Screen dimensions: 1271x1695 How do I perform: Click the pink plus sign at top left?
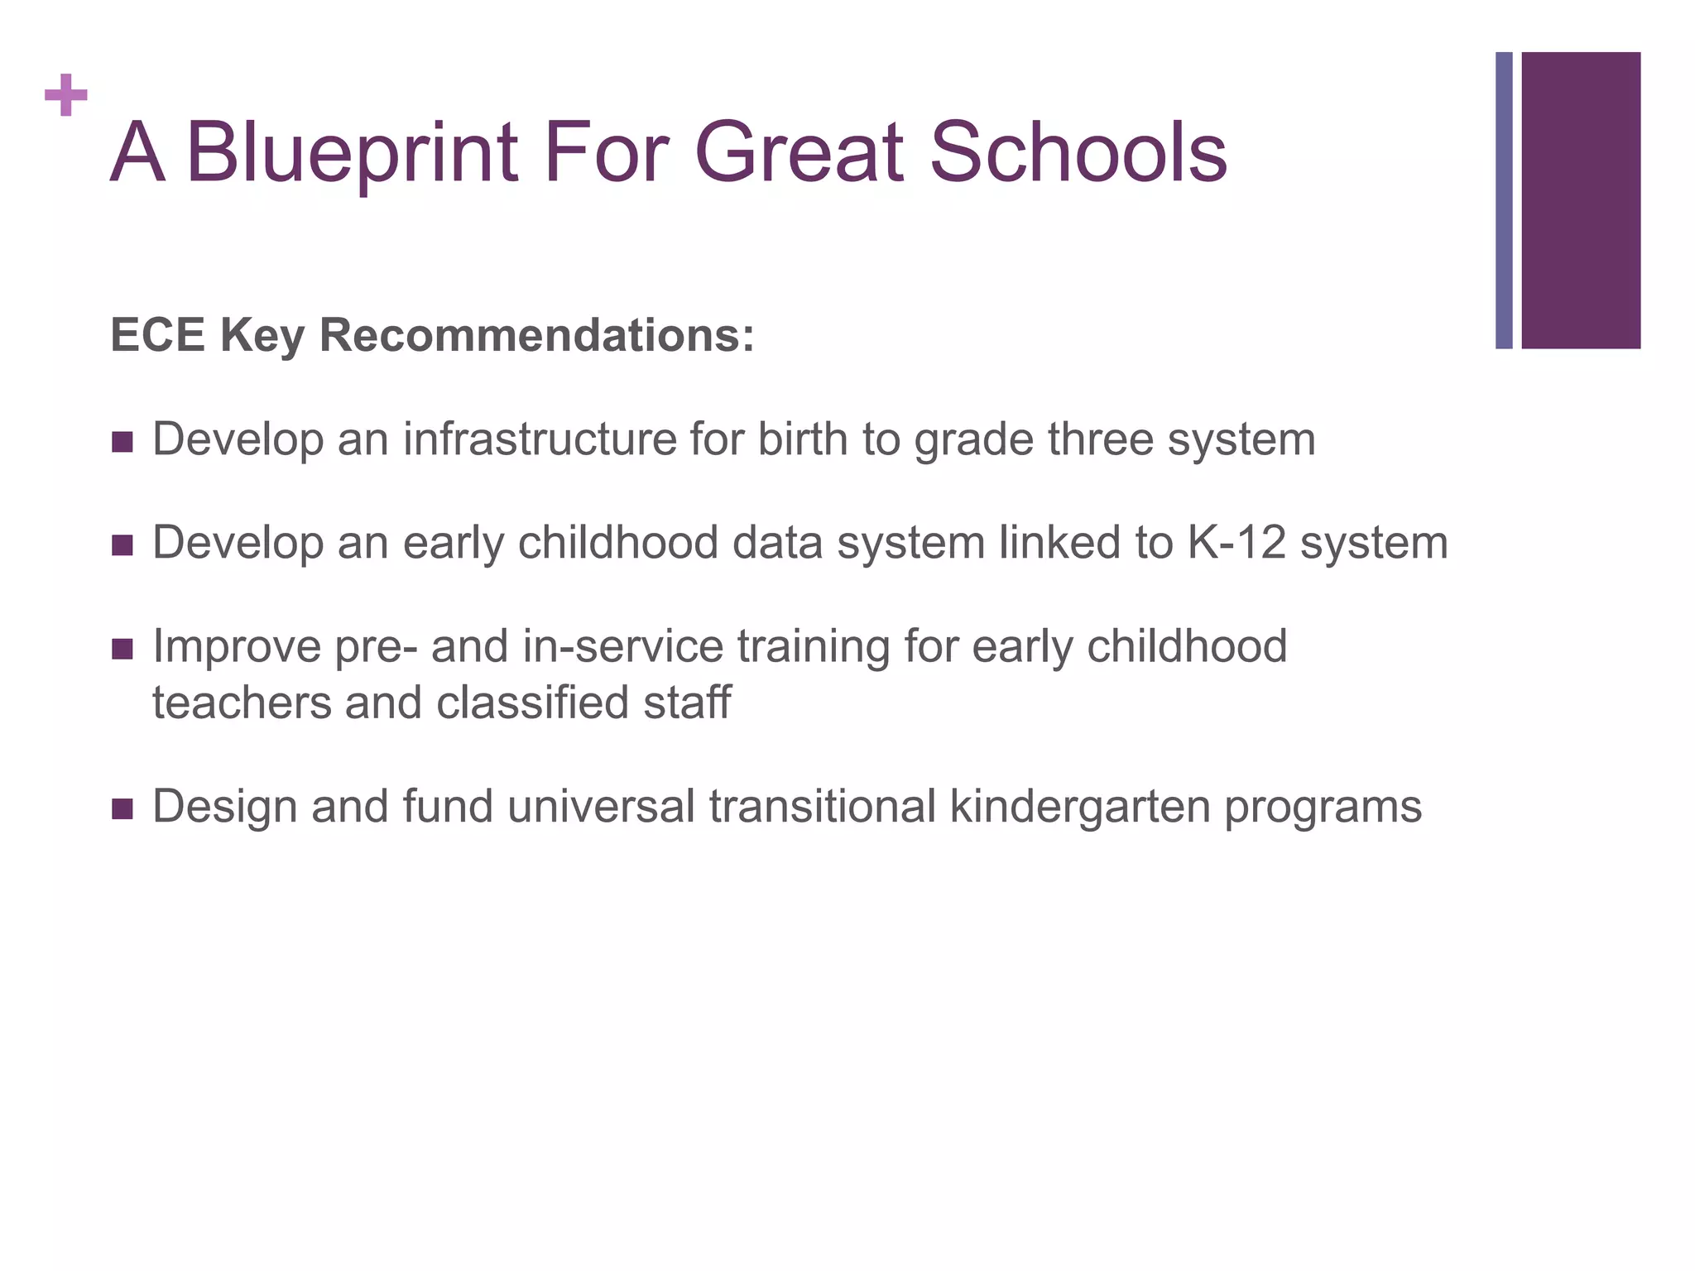tap(66, 96)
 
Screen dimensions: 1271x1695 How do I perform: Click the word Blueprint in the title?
tap(352, 154)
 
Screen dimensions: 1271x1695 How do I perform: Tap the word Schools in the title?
tap(1078, 152)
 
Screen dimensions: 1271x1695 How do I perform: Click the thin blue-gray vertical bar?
tap(1504, 200)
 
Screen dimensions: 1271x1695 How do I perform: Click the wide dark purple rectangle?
tap(1581, 200)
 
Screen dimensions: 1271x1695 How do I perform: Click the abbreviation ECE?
tap(157, 336)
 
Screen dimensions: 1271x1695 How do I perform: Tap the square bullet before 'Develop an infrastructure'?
tap(122, 442)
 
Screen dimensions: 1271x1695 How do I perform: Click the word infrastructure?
tap(540, 439)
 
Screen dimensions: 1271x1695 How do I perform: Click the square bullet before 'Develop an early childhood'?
tap(122, 545)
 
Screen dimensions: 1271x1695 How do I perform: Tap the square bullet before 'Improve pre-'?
tap(122, 649)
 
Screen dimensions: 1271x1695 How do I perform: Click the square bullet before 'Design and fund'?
tap(122, 808)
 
